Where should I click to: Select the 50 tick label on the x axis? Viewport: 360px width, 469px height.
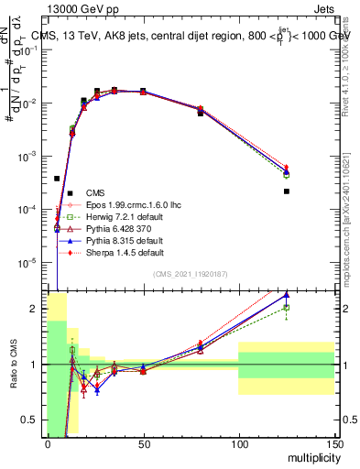142,444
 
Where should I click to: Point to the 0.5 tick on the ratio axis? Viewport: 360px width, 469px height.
33,420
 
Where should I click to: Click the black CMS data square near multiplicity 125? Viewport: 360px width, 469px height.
287,191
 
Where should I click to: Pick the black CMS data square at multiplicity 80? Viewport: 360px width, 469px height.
200,114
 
